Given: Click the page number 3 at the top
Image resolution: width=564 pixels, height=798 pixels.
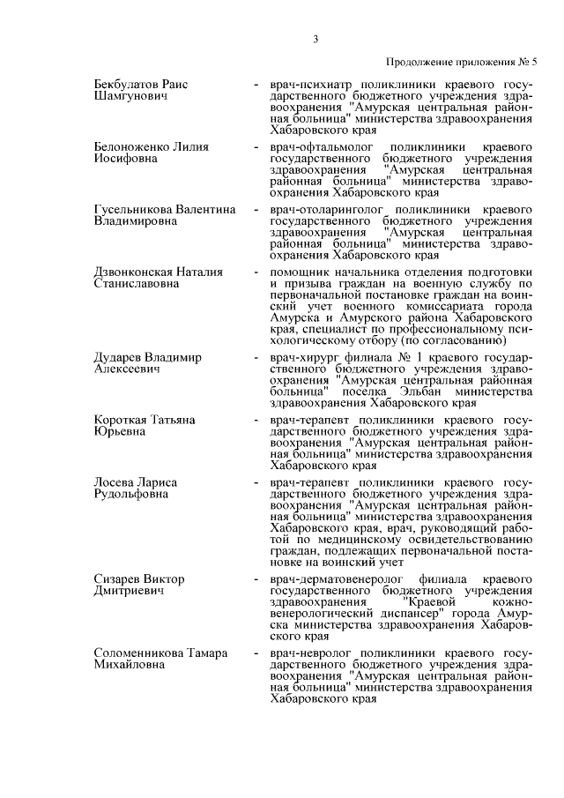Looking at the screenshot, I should pos(315,38).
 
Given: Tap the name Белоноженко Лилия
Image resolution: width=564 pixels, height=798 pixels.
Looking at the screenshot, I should pos(151,146).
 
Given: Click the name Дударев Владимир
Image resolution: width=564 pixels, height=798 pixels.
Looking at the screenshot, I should pos(147,356).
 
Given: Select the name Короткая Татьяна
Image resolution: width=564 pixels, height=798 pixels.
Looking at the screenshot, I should pos(145,419).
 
